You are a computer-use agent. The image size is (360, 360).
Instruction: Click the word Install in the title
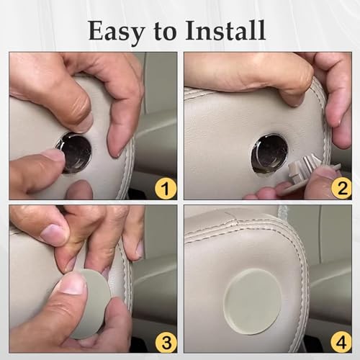[225, 30]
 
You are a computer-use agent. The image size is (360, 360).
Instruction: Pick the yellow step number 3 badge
[166, 341]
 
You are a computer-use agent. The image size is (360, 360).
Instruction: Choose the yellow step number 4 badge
[341, 341]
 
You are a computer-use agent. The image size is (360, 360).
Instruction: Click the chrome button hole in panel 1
[74, 151]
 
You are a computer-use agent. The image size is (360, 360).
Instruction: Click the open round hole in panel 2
[269, 153]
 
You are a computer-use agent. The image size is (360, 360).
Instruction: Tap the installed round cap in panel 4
[252, 302]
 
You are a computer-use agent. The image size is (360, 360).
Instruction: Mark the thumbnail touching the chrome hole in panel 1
[55, 157]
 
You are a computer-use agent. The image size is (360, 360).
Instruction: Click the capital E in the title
[96, 30]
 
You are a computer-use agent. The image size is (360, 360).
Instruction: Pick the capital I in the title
[190, 30]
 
